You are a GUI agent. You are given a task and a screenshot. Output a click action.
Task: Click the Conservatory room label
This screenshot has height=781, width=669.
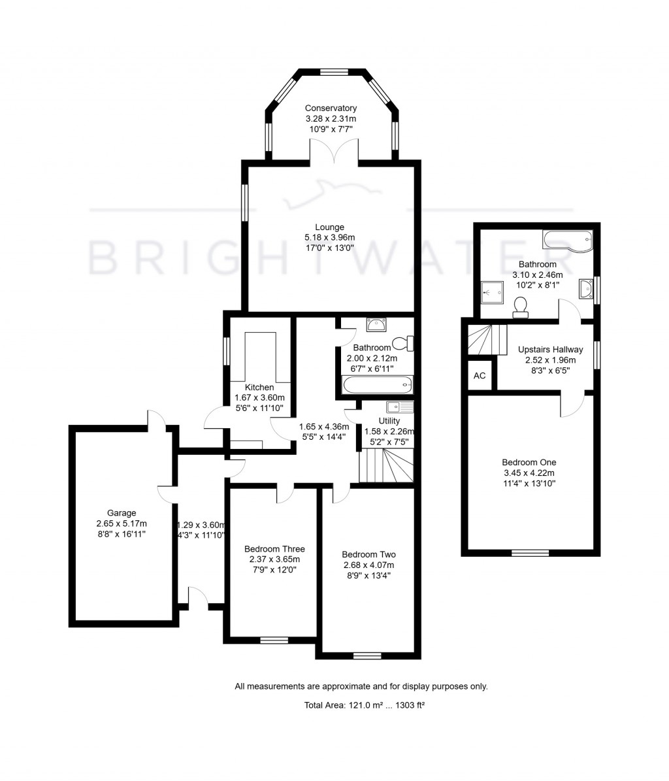331,108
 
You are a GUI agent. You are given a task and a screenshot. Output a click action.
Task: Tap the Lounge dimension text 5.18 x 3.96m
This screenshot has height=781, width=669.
329,238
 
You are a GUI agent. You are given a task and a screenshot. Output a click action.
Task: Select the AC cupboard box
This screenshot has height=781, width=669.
480,376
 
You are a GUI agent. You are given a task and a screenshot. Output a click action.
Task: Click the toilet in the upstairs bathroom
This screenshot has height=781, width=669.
521,307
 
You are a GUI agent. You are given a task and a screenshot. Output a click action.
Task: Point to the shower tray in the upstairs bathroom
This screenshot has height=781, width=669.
493,292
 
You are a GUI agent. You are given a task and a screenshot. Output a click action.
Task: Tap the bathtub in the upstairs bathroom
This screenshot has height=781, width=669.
566,241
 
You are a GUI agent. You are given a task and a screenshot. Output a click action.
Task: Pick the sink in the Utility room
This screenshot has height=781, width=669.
399,407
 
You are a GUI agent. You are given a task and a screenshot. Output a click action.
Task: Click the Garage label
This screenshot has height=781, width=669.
122,513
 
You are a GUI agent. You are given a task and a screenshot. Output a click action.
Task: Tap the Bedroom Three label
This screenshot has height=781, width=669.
274,549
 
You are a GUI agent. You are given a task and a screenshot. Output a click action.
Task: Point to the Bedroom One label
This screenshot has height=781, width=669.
529,462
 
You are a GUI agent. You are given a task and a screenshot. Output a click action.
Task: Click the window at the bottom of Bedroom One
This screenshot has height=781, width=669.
530,553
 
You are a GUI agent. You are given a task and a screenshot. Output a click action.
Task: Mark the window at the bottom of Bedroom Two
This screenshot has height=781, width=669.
367,655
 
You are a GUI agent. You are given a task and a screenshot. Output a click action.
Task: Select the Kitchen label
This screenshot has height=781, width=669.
259,388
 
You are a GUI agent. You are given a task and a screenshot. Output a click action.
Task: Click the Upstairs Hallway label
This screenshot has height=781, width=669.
550,350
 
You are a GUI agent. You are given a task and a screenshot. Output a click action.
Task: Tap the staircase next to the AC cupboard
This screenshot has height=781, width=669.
487,339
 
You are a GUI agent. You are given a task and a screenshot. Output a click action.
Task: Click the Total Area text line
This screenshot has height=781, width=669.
361,705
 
